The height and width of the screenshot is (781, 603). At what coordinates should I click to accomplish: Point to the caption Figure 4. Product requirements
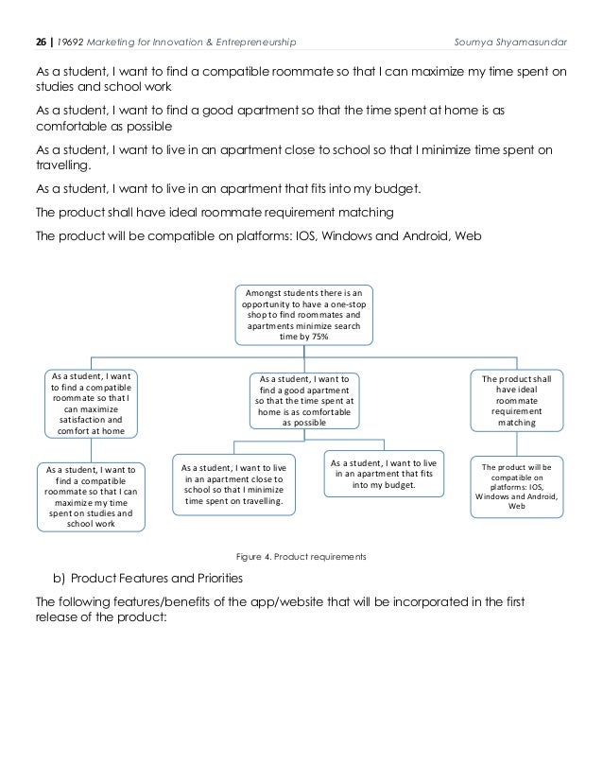tap(301, 557)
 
